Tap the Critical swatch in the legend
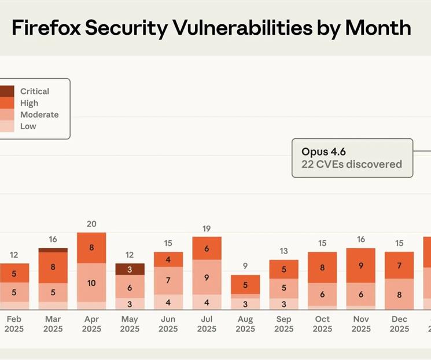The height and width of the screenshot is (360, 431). [6, 91]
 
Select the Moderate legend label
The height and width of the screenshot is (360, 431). [39, 115]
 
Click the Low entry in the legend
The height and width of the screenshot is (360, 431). [28, 126]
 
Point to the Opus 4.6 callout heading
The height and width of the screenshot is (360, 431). [323, 152]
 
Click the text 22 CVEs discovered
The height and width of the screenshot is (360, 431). [351, 164]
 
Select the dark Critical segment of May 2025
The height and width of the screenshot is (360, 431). [130, 269]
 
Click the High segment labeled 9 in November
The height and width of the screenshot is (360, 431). [361, 266]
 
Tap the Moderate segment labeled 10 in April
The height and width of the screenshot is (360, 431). [91, 282]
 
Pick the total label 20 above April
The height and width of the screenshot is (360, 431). [91, 224]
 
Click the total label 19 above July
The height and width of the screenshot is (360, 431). [207, 229]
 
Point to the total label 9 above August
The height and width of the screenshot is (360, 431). [245, 266]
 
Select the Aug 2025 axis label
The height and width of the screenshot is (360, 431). [245, 324]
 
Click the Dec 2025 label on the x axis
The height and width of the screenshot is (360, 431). [399, 324]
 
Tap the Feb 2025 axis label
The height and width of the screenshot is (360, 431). [14, 324]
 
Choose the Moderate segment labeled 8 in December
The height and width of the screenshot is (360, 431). [399, 294]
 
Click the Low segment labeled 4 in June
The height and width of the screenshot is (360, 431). [168, 302]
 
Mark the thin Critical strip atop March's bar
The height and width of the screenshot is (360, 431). [53, 250]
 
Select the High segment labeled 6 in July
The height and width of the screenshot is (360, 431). [207, 248]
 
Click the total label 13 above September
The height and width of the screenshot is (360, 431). [283, 251]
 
